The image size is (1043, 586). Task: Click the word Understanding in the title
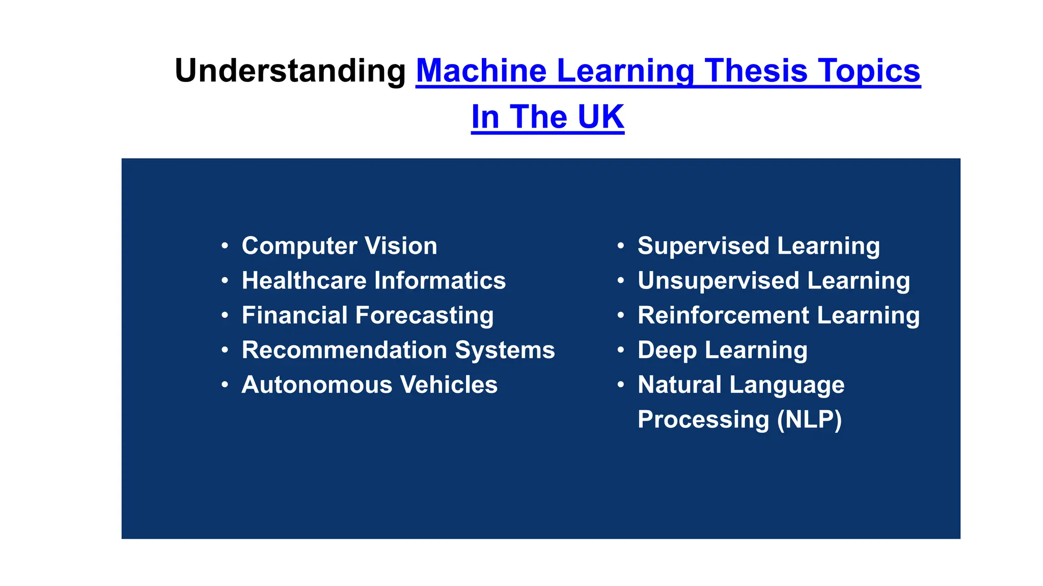[290, 71]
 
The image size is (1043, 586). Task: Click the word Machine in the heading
[481, 71]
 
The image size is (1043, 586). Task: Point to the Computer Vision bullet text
[339, 246]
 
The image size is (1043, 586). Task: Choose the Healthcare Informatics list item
[373, 281]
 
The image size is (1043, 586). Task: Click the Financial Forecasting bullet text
[367, 315]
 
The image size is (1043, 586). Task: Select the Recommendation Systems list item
[398, 350]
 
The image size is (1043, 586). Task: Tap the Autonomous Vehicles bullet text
[369, 385]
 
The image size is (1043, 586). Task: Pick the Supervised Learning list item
[758, 246]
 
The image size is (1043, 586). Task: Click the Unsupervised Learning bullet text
[773, 281]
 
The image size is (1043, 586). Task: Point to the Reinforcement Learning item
[778, 315]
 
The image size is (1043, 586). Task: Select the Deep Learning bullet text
[722, 350]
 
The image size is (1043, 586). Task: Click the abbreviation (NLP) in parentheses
[809, 420]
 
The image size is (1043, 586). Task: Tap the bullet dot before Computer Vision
[225, 246]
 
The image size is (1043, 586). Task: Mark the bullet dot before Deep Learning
[621, 350]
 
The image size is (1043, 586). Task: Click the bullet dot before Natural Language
[621, 385]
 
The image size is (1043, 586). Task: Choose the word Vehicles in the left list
[449, 385]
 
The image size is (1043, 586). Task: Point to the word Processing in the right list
[703, 420]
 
